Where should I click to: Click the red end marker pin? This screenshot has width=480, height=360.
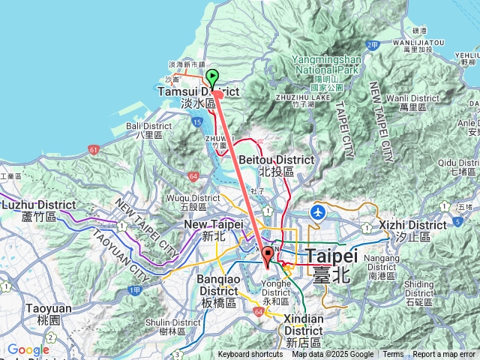point(266,259)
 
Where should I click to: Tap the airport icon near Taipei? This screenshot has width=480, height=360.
point(319,211)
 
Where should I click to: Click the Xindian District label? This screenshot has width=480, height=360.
point(304,325)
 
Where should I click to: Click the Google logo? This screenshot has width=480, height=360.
point(28,349)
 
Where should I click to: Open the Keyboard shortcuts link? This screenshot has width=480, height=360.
point(250,355)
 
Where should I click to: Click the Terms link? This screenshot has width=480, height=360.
point(393,355)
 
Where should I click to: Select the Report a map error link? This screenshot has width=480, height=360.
point(444,355)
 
